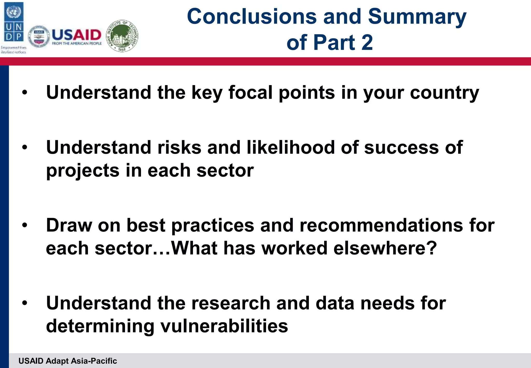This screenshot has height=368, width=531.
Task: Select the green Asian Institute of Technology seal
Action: (x=122, y=36)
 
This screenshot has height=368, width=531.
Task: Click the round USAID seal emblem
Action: (x=39, y=37)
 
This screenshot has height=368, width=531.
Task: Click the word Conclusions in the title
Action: (x=251, y=16)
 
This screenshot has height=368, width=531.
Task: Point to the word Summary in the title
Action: (x=417, y=17)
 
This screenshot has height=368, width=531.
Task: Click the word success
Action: (x=401, y=147)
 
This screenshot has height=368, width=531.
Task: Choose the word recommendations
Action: (x=381, y=225)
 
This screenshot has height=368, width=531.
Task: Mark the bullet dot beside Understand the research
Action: (x=25, y=303)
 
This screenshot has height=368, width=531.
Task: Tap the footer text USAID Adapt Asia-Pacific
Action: (x=68, y=361)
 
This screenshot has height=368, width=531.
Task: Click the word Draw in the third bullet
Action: (x=69, y=225)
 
